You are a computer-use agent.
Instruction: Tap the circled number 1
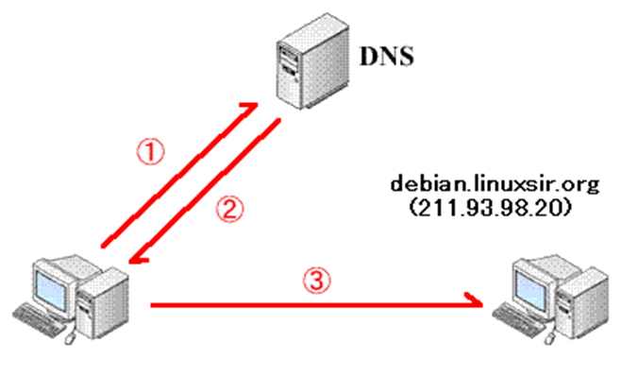click(x=151, y=150)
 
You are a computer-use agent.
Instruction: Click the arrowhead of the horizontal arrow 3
click(x=480, y=304)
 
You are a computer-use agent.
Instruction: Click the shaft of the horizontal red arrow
click(x=311, y=304)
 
